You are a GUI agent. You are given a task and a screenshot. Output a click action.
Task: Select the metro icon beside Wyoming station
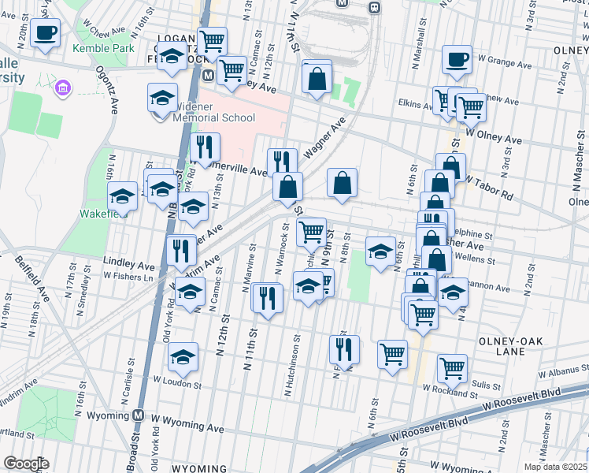pos(139,415)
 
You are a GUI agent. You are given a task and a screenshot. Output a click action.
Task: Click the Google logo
pos(26,464)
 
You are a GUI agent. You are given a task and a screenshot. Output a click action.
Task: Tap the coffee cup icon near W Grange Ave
pos(457,58)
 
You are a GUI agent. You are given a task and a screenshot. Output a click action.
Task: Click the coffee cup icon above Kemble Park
pos(46,34)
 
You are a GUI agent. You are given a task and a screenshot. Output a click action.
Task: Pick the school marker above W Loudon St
pos(183,357)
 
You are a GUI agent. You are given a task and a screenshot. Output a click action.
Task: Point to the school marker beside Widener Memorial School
pos(162,98)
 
